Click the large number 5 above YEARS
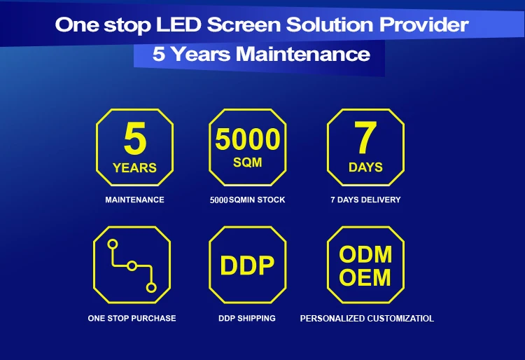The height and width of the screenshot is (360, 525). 135,138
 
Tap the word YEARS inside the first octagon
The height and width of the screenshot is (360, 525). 134,168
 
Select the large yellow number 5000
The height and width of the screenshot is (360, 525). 247,139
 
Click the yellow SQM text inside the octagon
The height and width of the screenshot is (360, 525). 247,162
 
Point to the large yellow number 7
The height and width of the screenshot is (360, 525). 365,138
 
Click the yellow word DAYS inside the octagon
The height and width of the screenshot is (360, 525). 365,167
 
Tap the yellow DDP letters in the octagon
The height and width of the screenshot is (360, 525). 247,265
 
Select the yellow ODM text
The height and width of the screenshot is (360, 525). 365,254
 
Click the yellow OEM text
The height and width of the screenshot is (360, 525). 365,277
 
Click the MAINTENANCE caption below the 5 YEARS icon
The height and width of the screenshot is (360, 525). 134,200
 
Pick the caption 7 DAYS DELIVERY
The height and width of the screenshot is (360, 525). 365,200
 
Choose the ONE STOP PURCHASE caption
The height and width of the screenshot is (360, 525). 132,318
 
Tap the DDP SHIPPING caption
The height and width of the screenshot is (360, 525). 247,318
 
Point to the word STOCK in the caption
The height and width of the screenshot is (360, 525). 271,200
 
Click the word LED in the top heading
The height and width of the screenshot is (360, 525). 178,25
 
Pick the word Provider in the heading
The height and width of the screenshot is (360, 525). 424,25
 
